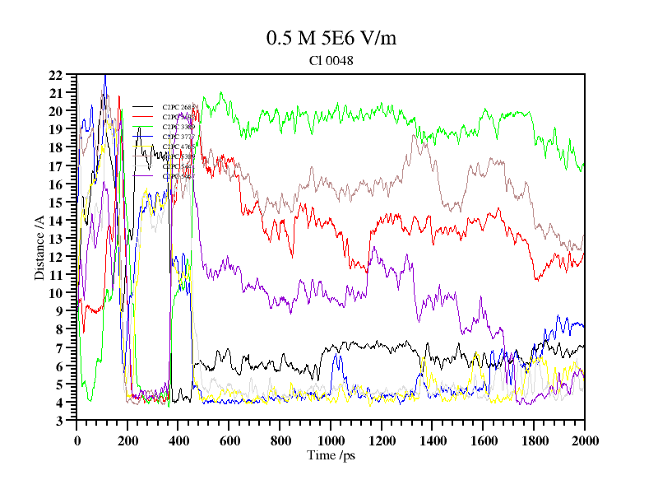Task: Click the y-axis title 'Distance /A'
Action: coord(39,247)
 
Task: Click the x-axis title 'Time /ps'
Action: coord(331,454)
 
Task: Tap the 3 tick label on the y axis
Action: coord(60,421)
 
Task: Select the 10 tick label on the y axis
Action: coord(57,293)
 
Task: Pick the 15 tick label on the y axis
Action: coord(57,203)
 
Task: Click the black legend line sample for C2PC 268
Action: coord(143,107)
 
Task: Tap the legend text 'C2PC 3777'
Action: coord(178,137)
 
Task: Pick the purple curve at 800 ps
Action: coord(280,301)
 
